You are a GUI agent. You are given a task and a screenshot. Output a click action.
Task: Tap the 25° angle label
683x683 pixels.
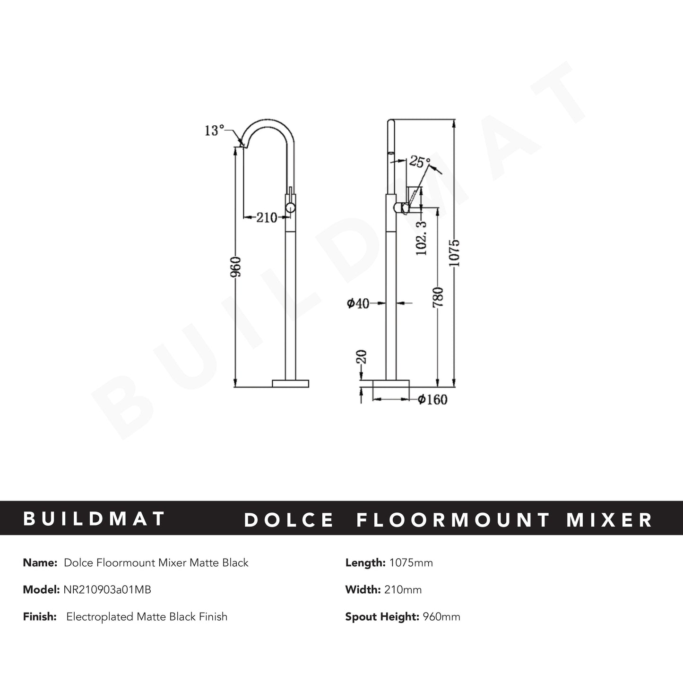[419, 162]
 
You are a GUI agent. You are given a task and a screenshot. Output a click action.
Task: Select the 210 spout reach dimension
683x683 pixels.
[267, 218]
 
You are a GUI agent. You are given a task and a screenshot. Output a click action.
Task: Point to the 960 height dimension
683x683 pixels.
[236, 267]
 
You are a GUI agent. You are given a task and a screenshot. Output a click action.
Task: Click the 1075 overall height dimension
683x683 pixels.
[454, 253]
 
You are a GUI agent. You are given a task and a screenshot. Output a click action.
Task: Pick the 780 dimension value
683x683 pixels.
[438, 297]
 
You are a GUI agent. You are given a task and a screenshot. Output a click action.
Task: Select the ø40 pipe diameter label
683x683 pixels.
[358, 303]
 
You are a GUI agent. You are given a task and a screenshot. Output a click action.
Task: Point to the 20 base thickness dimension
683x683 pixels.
[362, 357]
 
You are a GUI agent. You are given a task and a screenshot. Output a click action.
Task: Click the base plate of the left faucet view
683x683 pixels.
[291, 383]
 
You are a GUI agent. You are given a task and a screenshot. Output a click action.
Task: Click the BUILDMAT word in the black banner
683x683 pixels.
[95, 519]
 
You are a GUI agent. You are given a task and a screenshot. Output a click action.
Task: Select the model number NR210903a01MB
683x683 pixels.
[107, 590]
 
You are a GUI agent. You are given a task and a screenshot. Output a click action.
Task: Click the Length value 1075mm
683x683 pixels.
[411, 563]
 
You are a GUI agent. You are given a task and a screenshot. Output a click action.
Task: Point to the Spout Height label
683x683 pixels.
[381, 617]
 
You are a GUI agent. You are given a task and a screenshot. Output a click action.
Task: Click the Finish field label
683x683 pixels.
[40, 617]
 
